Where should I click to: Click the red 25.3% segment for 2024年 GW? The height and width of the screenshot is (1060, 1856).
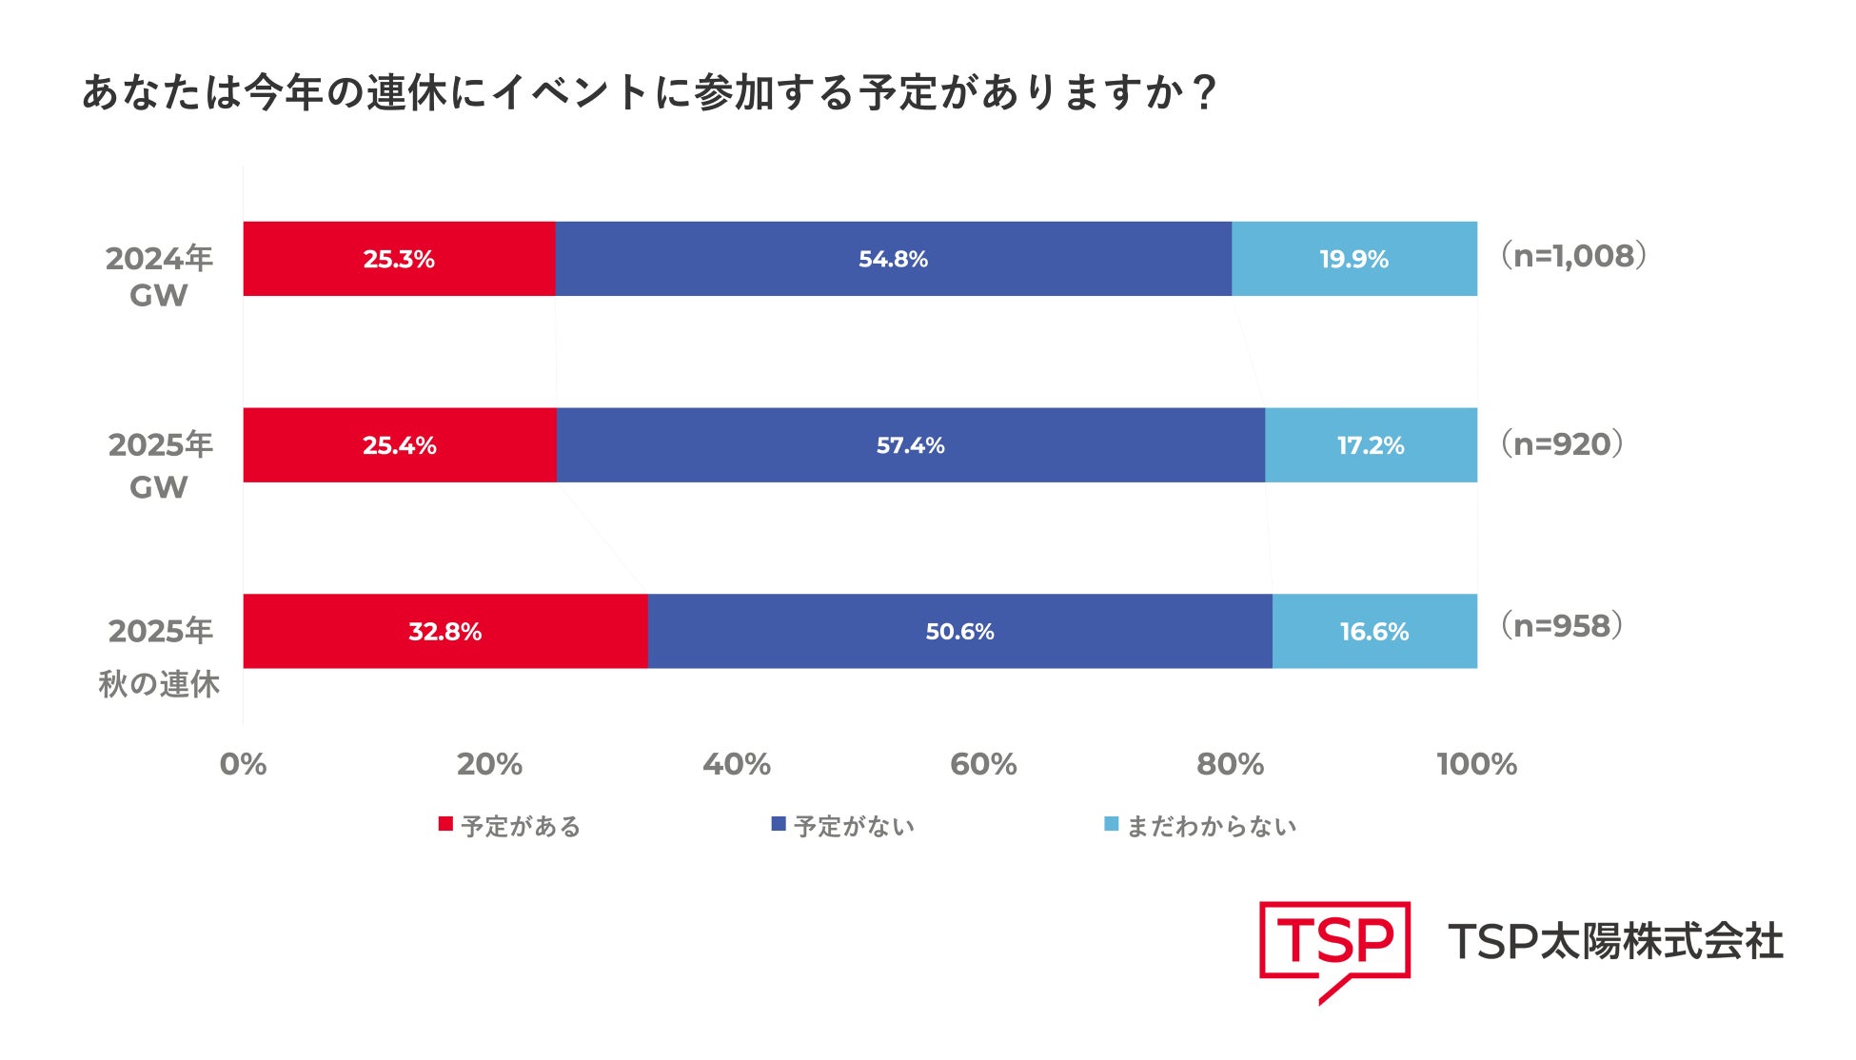point(399,259)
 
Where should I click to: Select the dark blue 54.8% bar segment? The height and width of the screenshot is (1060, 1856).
point(893,259)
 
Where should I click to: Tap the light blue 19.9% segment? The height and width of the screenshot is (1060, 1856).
point(1353,259)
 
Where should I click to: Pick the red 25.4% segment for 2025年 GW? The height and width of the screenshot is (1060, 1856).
point(400,445)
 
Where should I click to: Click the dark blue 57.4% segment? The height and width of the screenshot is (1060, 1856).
point(910,445)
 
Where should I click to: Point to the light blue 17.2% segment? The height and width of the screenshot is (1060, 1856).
point(1371,445)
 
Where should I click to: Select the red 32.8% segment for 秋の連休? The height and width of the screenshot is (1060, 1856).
point(444,632)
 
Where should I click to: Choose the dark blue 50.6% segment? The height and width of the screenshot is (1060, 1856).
point(959,632)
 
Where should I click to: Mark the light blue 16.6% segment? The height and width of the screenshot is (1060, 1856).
point(1374,632)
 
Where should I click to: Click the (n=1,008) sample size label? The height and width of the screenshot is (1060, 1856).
point(1573,256)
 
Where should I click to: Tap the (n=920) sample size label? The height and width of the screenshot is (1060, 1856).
point(1562,443)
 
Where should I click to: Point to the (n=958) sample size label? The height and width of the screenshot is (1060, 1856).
point(1562,626)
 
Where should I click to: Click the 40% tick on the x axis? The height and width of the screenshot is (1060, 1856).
point(736,764)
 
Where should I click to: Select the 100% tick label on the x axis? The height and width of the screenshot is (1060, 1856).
point(1476,764)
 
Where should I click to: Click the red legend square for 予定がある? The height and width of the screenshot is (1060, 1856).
point(444,824)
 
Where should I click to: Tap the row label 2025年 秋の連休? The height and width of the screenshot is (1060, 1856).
point(159,657)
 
